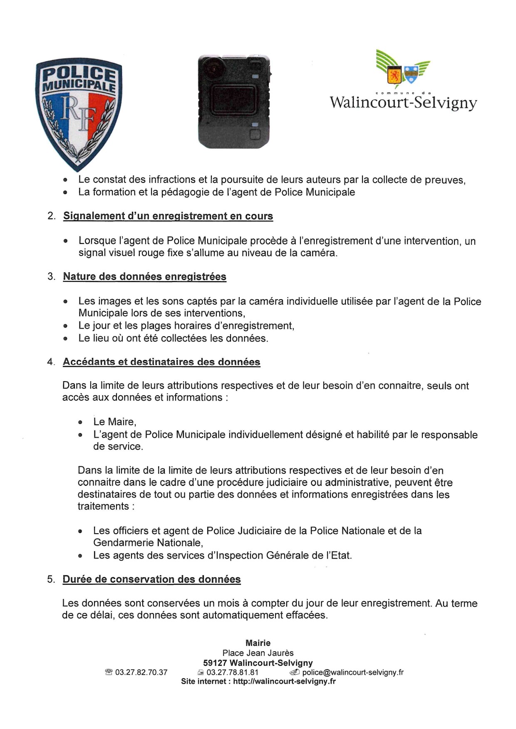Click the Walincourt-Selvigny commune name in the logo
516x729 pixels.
coord(403,102)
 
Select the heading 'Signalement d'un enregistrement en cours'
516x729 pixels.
coord(168,216)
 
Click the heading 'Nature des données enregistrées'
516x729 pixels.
coord(144,277)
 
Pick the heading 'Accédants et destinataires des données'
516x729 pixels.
coord(161,362)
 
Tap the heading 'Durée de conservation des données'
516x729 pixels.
coord(151,579)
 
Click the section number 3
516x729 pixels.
coord(51,277)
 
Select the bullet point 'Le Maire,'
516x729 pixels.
coord(114,422)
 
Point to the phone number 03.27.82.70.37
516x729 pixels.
coord(141,672)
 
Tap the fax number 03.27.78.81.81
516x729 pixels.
coord(232,672)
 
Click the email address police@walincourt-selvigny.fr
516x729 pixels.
coord(353,672)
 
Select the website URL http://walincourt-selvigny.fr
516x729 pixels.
coord(284,682)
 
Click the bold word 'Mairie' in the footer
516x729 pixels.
coord(258,643)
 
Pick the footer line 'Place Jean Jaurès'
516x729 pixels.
coord(258,653)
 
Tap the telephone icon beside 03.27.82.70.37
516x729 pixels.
coord(109,672)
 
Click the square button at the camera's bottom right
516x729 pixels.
coord(255,134)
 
